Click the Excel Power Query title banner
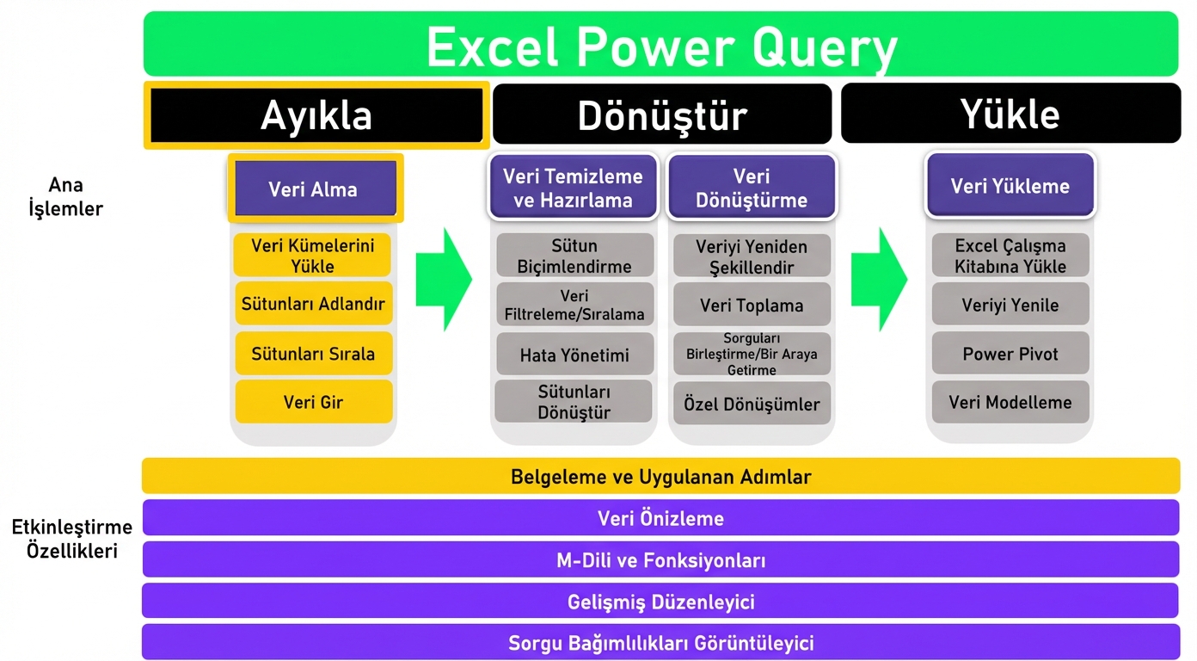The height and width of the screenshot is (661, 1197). (x=660, y=45)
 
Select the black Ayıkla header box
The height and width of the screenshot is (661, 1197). (x=316, y=115)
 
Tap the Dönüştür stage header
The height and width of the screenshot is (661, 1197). (x=661, y=114)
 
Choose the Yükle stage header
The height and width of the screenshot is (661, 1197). (x=1010, y=114)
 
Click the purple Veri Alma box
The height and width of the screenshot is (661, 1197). (x=314, y=188)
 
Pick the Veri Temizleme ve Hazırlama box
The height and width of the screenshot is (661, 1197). (x=574, y=188)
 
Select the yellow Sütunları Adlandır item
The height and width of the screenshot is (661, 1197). (x=313, y=304)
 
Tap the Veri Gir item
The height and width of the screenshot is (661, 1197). (x=313, y=402)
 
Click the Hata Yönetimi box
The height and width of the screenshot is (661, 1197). (x=574, y=355)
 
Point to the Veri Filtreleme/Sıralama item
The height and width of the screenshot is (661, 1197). (x=574, y=305)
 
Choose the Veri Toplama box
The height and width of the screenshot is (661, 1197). (x=752, y=305)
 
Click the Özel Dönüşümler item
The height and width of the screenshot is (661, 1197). (x=752, y=404)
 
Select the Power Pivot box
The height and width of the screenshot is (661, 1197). (x=1010, y=354)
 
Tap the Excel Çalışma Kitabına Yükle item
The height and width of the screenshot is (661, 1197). (x=1010, y=256)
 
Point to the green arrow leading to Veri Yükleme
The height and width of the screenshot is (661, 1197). (x=878, y=279)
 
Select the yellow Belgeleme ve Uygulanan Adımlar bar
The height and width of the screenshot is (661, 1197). (x=660, y=476)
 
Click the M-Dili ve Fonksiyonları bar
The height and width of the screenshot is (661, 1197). (x=660, y=560)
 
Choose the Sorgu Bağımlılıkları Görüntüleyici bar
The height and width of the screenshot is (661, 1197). (x=660, y=642)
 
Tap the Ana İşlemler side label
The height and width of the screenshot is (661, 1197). (x=65, y=196)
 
